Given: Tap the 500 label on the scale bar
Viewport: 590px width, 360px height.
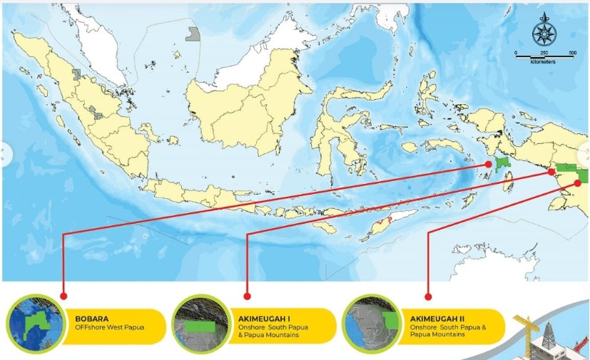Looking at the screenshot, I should pyautogui.click(x=572, y=53).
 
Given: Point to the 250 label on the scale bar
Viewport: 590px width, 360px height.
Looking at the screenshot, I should pyautogui.click(x=544, y=53).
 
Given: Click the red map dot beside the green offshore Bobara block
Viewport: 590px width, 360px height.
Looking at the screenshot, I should pyautogui.click(x=489, y=164).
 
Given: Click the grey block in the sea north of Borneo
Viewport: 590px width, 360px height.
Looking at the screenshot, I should pyautogui.click(x=192, y=33).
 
